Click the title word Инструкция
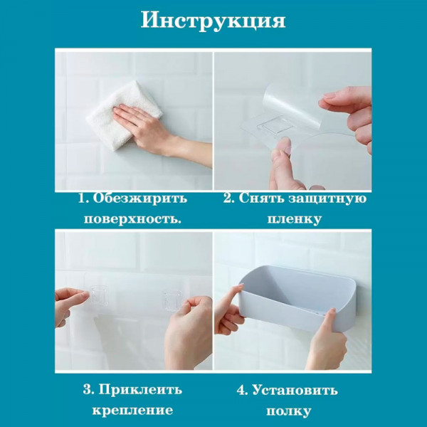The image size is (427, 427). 213,21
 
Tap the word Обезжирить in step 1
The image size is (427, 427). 140,198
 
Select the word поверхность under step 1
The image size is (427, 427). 132,219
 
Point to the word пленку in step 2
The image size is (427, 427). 295,219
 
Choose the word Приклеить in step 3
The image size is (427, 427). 140,390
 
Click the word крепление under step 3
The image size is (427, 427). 132,411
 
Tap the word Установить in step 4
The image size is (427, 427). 295,391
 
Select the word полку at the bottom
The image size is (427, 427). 288,411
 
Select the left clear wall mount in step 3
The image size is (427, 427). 99,296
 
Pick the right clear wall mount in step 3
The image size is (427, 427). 172,300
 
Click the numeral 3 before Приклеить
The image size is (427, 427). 87,390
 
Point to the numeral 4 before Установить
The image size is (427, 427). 241,391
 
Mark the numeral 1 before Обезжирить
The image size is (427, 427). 82,199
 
